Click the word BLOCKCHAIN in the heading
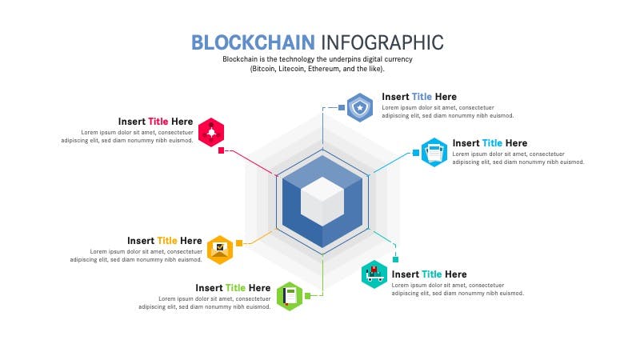pos(253,42)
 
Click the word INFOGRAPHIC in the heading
pos(382,42)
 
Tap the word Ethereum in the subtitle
pos(324,69)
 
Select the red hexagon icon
pos(211,132)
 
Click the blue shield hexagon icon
pos(360,107)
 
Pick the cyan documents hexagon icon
pos(434,152)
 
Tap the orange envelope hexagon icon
pos(220,250)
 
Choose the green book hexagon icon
pos(290,296)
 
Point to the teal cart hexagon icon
pos(374,274)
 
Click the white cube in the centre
pos(322,202)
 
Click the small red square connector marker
pos(222,150)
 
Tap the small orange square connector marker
pos(239,243)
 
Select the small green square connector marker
pos(308,296)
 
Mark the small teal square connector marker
pos(395,259)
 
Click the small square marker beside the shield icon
pos(342,107)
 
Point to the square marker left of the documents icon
pos(415,153)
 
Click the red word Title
pos(158,122)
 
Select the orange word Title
pos(167,241)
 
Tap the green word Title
pos(235,288)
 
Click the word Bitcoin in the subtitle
pos(264,69)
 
